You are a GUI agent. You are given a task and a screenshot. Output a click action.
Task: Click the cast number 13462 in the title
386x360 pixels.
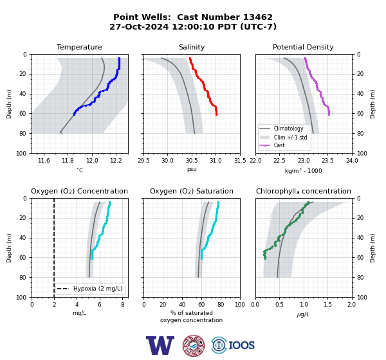[258, 17]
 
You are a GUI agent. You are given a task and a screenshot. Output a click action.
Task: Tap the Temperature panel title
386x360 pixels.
[79, 47]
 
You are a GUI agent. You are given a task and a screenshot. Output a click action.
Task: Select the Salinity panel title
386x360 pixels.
[192, 47]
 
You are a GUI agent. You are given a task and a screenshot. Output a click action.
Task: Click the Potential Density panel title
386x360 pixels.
[303, 47]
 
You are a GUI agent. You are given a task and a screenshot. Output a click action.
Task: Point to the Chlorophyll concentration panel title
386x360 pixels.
[303, 191]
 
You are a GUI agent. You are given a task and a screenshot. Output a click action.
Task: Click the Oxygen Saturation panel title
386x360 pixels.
[192, 191]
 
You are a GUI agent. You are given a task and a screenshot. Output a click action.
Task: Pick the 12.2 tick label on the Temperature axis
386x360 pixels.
[116, 161]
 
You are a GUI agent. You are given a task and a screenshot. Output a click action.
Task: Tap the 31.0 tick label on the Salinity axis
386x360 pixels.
[216, 161]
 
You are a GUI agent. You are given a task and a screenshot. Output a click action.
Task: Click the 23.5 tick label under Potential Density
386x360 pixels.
[327, 161]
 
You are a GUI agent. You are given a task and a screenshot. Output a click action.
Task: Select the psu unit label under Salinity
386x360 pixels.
[192, 169]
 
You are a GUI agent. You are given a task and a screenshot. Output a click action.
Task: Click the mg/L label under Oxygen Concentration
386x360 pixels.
[79, 313]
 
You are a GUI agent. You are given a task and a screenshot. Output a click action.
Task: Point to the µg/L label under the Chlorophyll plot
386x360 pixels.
[303, 314]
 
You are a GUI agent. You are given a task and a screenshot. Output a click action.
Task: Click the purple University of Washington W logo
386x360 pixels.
[160, 345]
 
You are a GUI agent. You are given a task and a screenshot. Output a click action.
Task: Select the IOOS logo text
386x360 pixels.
[241, 345]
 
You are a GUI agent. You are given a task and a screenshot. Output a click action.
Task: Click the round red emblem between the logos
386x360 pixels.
[194, 345]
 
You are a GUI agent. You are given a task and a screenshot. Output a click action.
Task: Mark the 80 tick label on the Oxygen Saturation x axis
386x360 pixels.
[221, 305]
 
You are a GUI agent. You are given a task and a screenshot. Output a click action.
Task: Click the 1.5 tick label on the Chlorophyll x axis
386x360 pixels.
[327, 305]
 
